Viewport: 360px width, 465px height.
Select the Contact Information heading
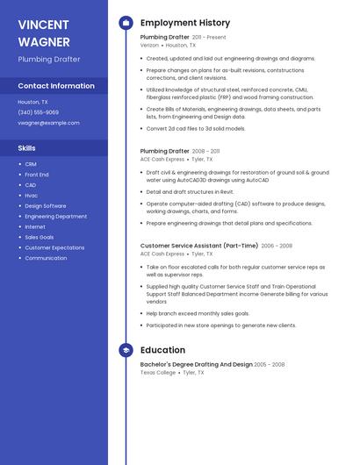click(x=56, y=86)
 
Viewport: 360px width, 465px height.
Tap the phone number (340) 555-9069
click(x=39, y=112)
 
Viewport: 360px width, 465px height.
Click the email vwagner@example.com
click(x=48, y=123)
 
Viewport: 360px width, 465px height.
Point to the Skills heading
click(x=27, y=148)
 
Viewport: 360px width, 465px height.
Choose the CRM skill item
click(x=31, y=164)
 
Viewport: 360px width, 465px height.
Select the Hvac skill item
click(x=32, y=196)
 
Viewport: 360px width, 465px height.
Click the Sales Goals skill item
click(x=40, y=237)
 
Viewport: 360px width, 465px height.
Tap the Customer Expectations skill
click(x=54, y=247)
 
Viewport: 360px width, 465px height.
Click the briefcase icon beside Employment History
click(x=126, y=22)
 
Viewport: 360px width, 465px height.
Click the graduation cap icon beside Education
click(x=126, y=350)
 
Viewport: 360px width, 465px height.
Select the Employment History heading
click(x=185, y=22)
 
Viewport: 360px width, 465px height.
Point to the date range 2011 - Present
click(x=209, y=38)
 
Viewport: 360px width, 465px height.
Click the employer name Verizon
click(x=150, y=45)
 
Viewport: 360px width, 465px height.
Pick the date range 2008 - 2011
click(x=205, y=151)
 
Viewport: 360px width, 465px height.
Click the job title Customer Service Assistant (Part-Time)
click(x=199, y=246)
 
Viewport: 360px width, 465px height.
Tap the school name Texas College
click(x=158, y=372)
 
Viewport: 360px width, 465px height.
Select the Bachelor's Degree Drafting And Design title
click(x=196, y=364)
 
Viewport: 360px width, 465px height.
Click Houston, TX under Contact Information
click(x=33, y=102)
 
